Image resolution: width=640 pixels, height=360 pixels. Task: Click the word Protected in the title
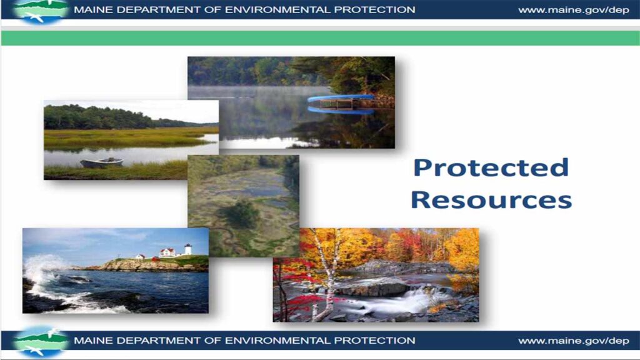tap(491, 168)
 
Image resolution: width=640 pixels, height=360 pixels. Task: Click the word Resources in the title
tap(491, 200)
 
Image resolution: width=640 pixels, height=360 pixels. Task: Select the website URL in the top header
tap(573, 10)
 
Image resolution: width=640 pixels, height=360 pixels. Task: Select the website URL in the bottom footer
tap(573, 341)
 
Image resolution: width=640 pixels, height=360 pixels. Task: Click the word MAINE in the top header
tap(91, 10)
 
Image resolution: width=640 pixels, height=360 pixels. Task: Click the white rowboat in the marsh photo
tap(101, 162)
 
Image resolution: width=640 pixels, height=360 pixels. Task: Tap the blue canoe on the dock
tap(341, 98)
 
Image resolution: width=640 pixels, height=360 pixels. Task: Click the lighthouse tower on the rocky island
tap(187, 249)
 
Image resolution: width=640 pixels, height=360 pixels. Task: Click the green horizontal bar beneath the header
tap(320, 37)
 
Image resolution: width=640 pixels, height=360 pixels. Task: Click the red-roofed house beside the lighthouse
tap(167, 252)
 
